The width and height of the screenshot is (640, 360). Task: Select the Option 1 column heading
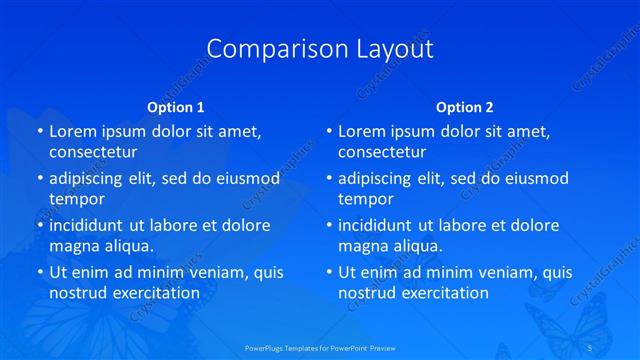point(176,106)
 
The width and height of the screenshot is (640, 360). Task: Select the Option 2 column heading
point(465,106)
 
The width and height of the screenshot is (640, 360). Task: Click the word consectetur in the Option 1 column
point(93,153)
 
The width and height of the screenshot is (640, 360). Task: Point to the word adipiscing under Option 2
point(374,179)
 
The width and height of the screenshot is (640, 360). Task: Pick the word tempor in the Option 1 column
point(77,200)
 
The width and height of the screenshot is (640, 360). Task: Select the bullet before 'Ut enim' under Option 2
point(328,272)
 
